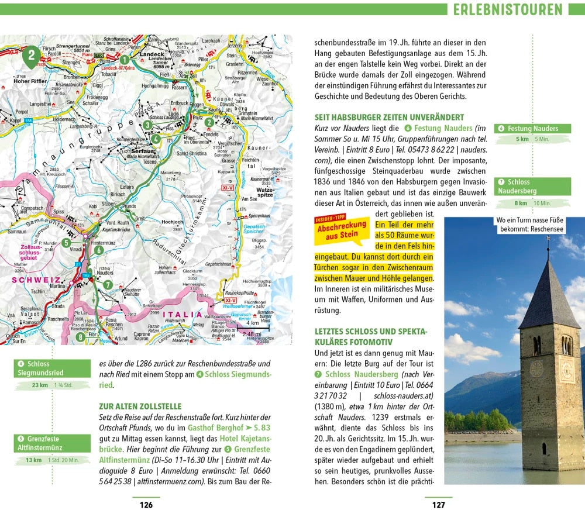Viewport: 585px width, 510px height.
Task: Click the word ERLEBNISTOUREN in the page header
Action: tap(507, 10)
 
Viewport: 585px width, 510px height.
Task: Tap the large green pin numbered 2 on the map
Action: tap(33, 57)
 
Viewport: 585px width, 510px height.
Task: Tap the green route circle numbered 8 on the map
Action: tap(80, 336)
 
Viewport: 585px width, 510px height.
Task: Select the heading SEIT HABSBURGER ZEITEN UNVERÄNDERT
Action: tap(389, 117)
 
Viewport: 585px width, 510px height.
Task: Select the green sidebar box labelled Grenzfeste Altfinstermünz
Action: tap(52, 443)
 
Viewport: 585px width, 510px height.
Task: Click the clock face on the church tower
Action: tap(536, 368)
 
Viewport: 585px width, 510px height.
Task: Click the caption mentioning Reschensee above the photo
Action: tap(531, 225)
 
